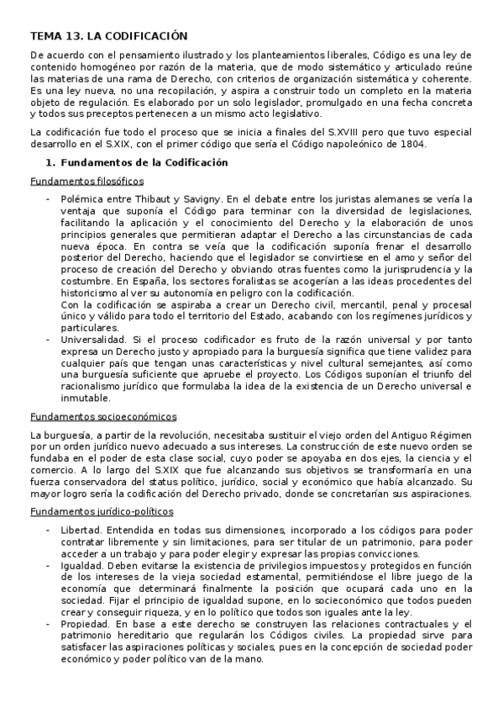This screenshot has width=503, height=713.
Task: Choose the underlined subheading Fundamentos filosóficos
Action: pos(86,181)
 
